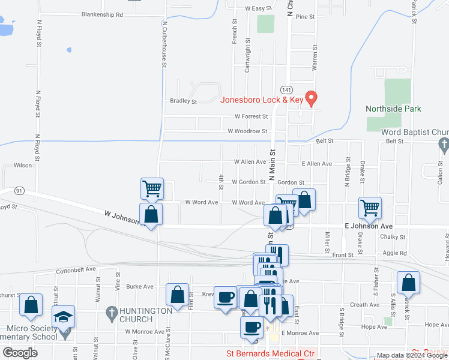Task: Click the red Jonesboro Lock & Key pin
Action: (x=311, y=97)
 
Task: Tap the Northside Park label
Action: (x=393, y=109)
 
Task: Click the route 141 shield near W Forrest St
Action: (x=291, y=89)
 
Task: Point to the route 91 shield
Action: (x=20, y=191)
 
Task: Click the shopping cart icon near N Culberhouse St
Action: (x=152, y=188)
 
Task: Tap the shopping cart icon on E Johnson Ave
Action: (x=370, y=208)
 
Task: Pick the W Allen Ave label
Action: (x=250, y=162)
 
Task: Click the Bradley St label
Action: (x=183, y=101)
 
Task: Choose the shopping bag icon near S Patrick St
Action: (x=408, y=283)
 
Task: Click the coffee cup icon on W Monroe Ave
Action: (x=252, y=327)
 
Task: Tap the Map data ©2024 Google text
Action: (x=411, y=355)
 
